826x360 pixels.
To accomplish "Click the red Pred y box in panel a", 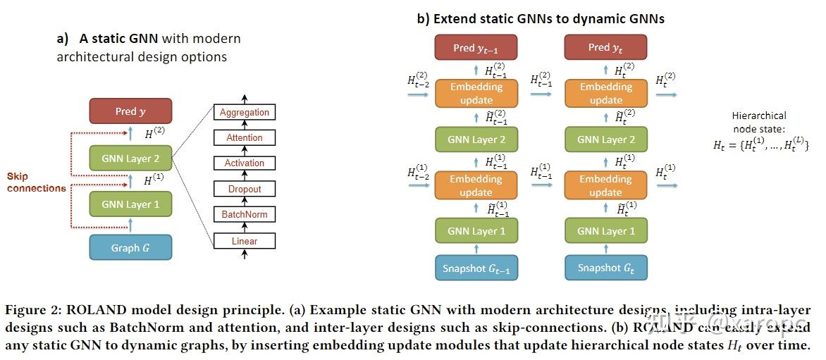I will (x=130, y=111).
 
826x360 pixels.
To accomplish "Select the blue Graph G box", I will (x=130, y=248).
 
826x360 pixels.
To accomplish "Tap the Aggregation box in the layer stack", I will (x=245, y=112).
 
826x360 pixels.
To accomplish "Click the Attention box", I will (x=245, y=138).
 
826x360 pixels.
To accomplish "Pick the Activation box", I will (x=245, y=163).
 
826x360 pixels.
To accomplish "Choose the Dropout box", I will (x=245, y=189).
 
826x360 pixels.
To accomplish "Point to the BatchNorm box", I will (x=245, y=215).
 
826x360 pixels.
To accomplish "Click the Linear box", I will (x=245, y=241).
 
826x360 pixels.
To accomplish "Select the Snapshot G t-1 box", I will (x=476, y=268).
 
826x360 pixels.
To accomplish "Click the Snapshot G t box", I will (x=605, y=268).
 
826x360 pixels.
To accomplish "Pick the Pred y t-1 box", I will (x=476, y=48).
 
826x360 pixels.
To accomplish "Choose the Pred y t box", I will (x=605, y=48).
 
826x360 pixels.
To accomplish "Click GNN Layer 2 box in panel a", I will (x=130, y=159).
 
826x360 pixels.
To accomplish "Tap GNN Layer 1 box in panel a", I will (x=130, y=204).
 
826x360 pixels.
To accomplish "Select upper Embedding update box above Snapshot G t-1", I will (x=476, y=93).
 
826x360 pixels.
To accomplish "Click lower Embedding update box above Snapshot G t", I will (x=605, y=185).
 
